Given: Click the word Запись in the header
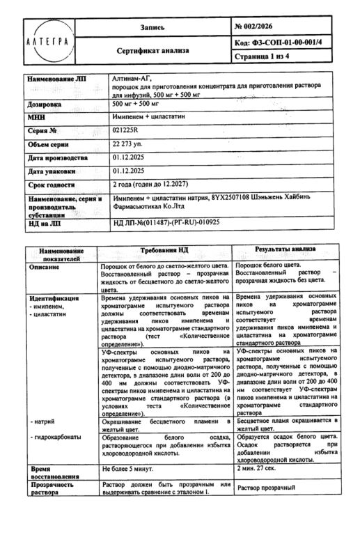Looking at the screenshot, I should [x=152, y=27].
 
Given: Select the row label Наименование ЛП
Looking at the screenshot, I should [x=57, y=79].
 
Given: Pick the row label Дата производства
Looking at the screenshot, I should [x=58, y=158].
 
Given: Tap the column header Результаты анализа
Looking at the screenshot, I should [x=285, y=249].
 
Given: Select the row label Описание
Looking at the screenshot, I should [x=48, y=266].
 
